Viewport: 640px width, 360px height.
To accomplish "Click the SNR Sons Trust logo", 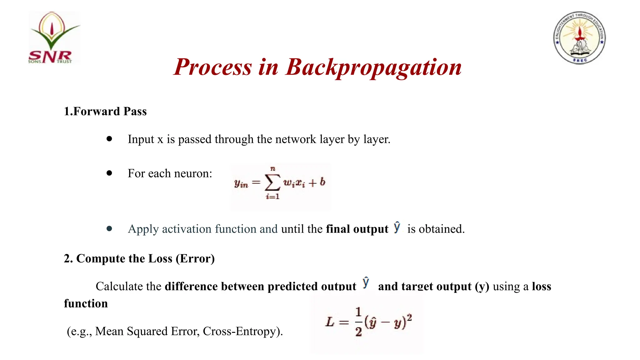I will [x=54, y=38].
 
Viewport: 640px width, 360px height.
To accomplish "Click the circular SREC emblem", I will [x=579, y=38].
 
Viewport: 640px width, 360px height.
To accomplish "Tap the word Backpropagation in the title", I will [x=374, y=67].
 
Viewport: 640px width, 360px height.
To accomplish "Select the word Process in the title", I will [x=212, y=67].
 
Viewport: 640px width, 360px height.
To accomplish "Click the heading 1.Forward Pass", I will [x=105, y=112].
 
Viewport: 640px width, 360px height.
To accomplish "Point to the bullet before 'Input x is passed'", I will [x=109, y=139].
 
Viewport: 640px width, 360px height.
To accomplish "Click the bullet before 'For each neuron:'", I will [x=109, y=173].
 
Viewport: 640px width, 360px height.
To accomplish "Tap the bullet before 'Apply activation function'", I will [x=109, y=229].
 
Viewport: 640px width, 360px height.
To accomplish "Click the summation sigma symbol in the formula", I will [x=272, y=183].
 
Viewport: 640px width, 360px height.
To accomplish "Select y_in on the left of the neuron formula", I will [x=241, y=183].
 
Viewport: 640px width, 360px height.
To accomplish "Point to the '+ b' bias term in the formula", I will [x=317, y=182].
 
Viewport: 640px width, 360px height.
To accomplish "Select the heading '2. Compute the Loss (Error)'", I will [x=139, y=259].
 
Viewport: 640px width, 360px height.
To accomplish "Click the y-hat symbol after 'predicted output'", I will [x=366, y=283].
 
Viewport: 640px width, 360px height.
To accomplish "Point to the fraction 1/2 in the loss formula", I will [x=358, y=322].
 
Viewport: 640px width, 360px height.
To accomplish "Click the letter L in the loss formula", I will [x=330, y=322].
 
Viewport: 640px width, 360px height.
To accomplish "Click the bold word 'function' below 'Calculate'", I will [x=86, y=303].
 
